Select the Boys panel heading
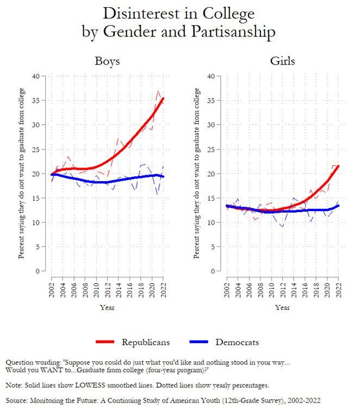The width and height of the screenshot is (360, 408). pyautogui.click(x=107, y=61)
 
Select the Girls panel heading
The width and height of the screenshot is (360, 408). pyautogui.click(x=283, y=61)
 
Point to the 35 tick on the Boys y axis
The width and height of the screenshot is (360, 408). pyautogui.click(x=36, y=100)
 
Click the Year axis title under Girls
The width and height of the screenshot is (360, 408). pyautogui.click(x=282, y=307)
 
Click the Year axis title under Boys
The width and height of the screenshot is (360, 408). pyautogui.click(x=107, y=307)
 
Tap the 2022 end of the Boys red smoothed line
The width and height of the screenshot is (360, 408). pyautogui.click(x=163, y=99)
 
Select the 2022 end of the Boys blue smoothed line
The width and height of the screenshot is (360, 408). pyautogui.click(x=163, y=176)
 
